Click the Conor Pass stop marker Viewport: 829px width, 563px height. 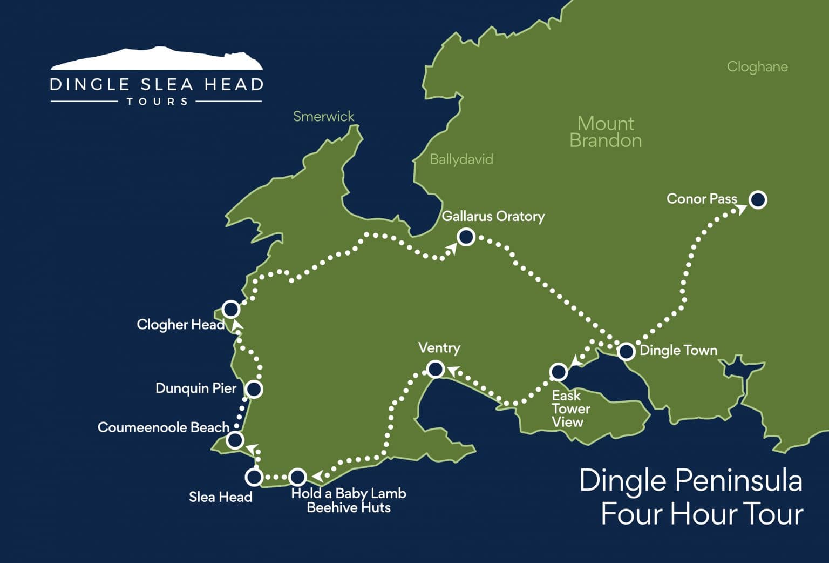[x=758, y=200]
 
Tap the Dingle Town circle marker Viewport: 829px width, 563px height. [x=626, y=351]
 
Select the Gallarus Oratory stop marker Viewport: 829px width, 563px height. [x=466, y=237]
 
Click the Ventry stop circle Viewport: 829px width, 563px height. [x=436, y=369]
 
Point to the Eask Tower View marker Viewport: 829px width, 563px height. [x=559, y=372]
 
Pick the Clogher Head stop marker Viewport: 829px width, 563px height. [x=231, y=309]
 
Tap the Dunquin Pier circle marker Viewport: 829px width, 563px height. [x=254, y=389]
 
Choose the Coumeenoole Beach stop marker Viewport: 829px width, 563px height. [x=235, y=440]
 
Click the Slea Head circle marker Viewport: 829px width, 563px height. [x=254, y=477]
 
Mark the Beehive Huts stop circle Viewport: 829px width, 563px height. [x=298, y=477]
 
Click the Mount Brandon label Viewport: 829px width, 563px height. [x=606, y=132]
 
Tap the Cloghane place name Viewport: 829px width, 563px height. [x=757, y=66]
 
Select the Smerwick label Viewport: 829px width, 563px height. [x=323, y=116]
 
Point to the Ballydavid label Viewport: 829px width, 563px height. [x=461, y=159]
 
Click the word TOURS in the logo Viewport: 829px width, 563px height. [x=157, y=102]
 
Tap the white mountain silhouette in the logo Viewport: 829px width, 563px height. [x=157, y=59]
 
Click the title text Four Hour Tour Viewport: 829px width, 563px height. [x=702, y=513]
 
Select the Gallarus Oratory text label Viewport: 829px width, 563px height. [x=493, y=216]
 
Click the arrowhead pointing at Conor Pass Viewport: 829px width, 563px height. [x=742, y=209]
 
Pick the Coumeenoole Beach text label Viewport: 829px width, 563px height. [x=164, y=427]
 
